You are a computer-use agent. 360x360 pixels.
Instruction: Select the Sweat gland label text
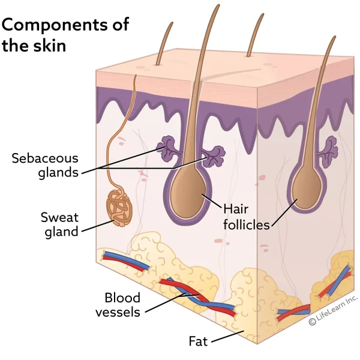pyautogui.click(x=59, y=223)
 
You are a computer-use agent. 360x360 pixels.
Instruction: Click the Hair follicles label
pyautogui.click(x=246, y=217)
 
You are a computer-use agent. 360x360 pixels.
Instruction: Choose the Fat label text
pyautogui.click(x=198, y=341)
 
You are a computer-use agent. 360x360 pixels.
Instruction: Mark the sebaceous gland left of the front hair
pyautogui.click(x=169, y=148)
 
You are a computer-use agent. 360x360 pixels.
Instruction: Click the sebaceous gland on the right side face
pyautogui.click(x=329, y=146)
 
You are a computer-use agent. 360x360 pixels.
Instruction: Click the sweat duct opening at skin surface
pyautogui.click(x=136, y=76)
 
